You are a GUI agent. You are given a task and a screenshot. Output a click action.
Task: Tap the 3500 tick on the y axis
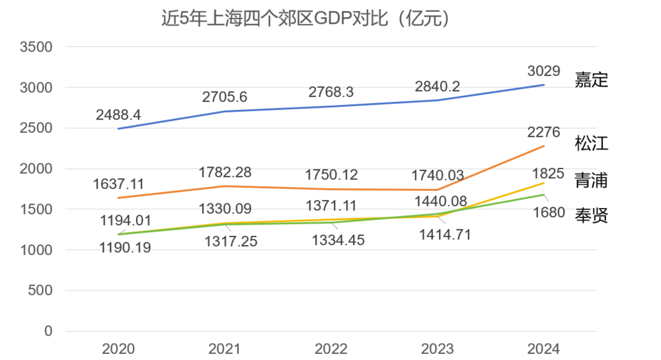(x=36, y=47)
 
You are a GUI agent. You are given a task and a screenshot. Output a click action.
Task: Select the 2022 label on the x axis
(x=331, y=348)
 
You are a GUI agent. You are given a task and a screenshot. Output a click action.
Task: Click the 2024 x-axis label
(x=543, y=348)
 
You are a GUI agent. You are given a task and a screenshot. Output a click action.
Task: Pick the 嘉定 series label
(x=591, y=81)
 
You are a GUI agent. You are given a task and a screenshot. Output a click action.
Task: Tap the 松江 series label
(x=591, y=144)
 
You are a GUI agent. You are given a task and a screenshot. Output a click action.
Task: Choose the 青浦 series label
(x=591, y=180)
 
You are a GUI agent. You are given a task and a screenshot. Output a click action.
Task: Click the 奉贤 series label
(x=591, y=215)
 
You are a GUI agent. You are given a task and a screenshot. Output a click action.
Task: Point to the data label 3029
(x=544, y=71)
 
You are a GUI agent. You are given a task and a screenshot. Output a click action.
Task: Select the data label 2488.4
(x=118, y=114)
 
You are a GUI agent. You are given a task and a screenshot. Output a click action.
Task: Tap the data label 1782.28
(x=225, y=173)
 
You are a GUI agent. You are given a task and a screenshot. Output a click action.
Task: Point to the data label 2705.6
(x=225, y=97)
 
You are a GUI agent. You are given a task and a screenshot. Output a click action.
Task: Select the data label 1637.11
(x=119, y=184)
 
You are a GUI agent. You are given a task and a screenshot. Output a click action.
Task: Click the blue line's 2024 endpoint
(x=544, y=85)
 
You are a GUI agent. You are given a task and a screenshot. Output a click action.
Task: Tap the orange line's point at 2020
(x=119, y=198)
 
